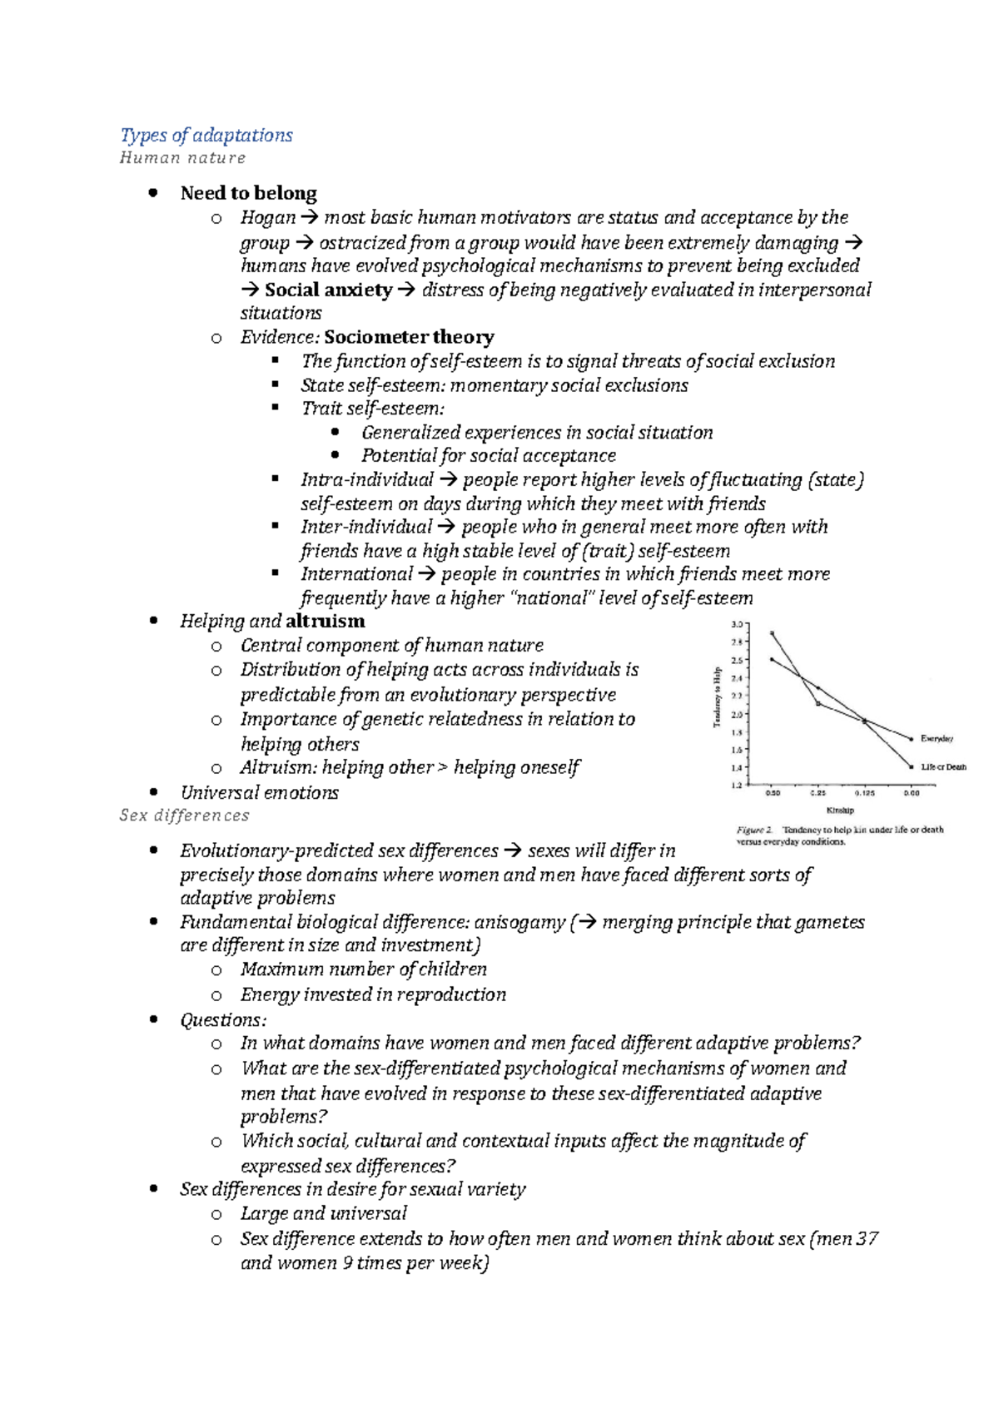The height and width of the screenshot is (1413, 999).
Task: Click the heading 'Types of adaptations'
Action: (206, 135)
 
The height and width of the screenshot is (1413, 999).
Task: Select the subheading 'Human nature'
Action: (182, 158)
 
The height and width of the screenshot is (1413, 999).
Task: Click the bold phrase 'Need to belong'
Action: (248, 193)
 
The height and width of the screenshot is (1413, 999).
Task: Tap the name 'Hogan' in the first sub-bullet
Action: (267, 218)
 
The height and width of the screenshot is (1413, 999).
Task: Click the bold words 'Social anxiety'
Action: (327, 290)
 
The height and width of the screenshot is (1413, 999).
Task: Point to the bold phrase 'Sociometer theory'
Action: (409, 337)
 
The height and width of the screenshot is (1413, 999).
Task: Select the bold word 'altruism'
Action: (325, 621)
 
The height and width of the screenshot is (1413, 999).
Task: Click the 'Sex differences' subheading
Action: (184, 816)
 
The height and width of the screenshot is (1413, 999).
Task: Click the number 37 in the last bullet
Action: (867, 1238)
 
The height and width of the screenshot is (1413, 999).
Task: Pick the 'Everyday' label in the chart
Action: (937, 739)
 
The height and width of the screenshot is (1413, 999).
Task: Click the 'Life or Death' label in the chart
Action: (943, 767)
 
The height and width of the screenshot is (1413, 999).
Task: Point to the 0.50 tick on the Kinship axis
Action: (773, 793)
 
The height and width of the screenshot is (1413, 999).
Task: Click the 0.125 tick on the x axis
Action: (865, 793)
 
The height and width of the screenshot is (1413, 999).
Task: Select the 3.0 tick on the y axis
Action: (737, 624)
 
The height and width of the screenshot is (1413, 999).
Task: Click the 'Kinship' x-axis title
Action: (839, 810)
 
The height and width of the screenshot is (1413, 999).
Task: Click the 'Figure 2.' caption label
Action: (755, 830)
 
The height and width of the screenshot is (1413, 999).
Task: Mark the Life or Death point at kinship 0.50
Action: (773, 633)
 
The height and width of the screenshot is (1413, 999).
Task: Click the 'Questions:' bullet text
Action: (223, 1020)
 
